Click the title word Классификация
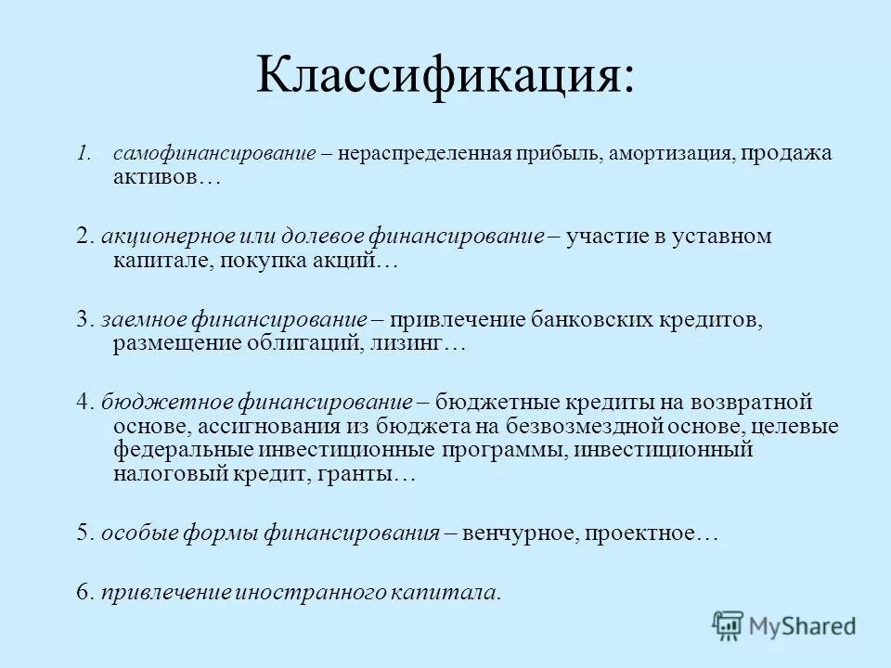[x=436, y=75]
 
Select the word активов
[x=161, y=177]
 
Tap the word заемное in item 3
[x=143, y=320]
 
